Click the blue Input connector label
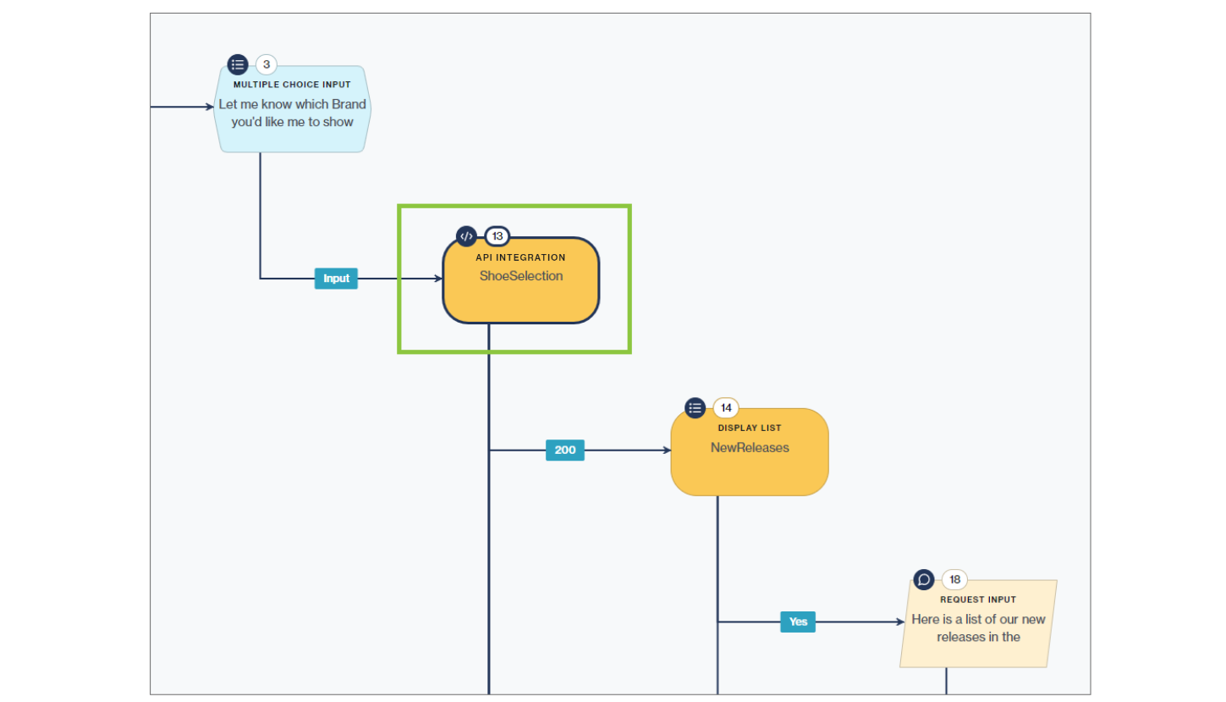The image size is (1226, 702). [x=336, y=279]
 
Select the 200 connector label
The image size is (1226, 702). [x=564, y=450]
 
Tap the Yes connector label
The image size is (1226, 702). [x=798, y=622]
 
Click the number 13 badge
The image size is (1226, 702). [x=498, y=236]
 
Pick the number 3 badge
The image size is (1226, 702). [x=266, y=64]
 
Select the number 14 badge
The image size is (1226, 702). [x=725, y=408]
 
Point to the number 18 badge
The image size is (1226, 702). [x=954, y=580]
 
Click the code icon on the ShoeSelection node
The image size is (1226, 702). [x=466, y=236]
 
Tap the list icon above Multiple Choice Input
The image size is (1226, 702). [x=238, y=64]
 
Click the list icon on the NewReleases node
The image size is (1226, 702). [x=695, y=408]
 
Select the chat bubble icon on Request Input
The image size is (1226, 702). [x=924, y=580]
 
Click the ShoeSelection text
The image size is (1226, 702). [x=520, y=276]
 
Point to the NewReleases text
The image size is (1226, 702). [x=750, y=448]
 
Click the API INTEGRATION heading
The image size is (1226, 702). [x=520, y=257]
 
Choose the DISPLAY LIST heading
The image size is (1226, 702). [x=750, y=428]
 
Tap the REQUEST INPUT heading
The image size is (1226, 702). [x=978, y=600]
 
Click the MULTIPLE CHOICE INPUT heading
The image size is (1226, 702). [x=292, y=85]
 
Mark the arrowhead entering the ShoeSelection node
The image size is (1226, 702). [x=438, y=279]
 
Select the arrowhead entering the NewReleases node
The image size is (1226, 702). [x=667, y=450]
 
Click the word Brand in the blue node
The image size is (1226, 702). [x=348, y=104]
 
